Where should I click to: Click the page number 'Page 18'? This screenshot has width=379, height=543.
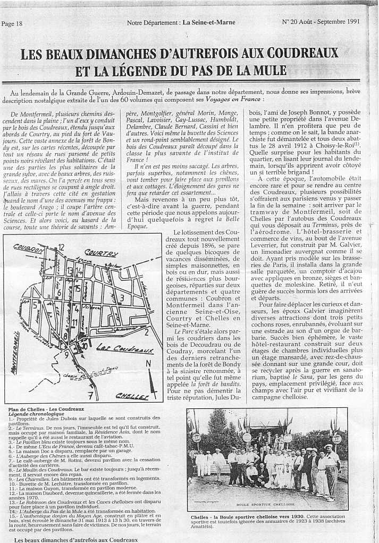point(12,23)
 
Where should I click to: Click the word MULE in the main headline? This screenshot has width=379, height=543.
point(267,71)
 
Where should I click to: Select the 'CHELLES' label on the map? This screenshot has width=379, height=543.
point(132,396)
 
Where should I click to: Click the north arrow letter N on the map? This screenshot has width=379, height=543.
point(148,363)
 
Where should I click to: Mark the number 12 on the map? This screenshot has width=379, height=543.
point(61,246)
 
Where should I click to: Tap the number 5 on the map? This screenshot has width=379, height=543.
point(35,305)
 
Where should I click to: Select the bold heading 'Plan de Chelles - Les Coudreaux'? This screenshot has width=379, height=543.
point(46,409)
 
